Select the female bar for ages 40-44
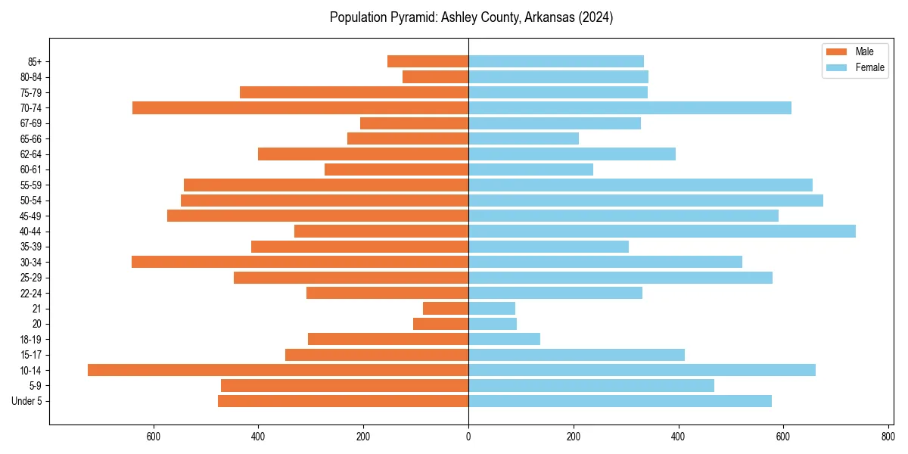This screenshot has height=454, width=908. pyautogui.click(x=662, y=232)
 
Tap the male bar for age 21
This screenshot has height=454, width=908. pyautogui.click(x=446, y=309)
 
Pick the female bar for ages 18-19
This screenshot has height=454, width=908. pyautogui.click(x=504, y=339)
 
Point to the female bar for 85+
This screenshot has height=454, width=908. pyautogui.click(x=556, y=61)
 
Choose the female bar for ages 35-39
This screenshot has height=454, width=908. pyautogui.click(x=549, y=247)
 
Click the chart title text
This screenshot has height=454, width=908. pyautogui.click(x=471, y=17)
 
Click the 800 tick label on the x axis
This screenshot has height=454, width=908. pyautogui.click(x=888, y=436)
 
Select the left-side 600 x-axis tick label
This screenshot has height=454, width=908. pyautogui.click(x=154, y=436)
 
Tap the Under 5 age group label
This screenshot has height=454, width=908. pyautogui.click(x=26, y=401)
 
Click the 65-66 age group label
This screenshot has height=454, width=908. pyautogui.click(x=31, y=139)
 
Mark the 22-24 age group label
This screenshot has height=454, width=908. pyautogui.click(x=31, y=294)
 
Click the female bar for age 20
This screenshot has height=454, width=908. pyautogui.click(x=493, y=324)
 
